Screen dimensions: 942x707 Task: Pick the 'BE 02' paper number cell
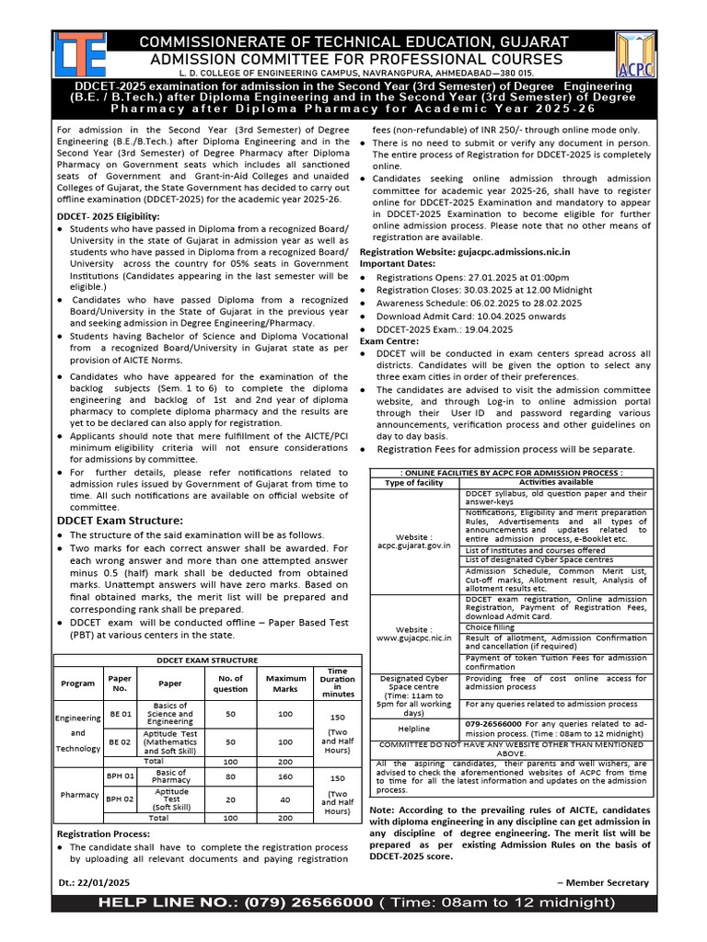(121, 741)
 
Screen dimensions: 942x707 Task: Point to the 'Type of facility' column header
(413, 482)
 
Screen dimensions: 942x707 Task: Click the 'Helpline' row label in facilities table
(413, 726)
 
